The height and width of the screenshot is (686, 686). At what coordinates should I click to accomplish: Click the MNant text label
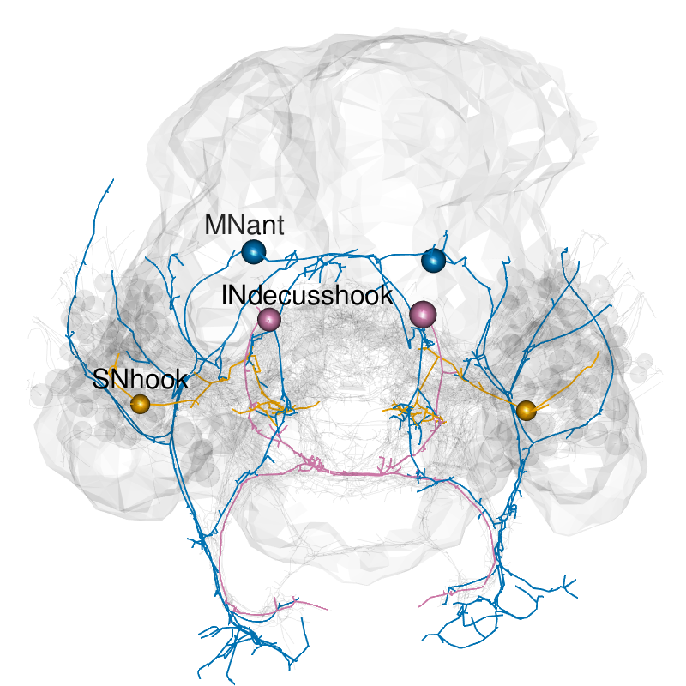(244, 226)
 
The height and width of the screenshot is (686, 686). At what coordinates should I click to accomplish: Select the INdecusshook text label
(306, 296)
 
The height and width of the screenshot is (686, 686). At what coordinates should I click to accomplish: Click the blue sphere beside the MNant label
(253, 252)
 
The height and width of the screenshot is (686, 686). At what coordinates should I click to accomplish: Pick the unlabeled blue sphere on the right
(435, 260)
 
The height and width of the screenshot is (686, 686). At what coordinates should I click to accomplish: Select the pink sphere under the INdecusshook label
(269, 320)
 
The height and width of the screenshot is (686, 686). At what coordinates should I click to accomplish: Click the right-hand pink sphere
(422, 314)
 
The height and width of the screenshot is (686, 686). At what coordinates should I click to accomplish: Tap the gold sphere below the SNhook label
(140, 403)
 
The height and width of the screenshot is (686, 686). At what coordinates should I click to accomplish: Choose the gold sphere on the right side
(527, 410)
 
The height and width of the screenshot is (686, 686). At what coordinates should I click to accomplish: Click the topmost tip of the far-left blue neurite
(111, 181)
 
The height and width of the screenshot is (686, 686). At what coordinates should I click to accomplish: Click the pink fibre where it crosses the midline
(343, 472)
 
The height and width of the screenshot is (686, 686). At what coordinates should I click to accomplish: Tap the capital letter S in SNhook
(100, 381)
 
